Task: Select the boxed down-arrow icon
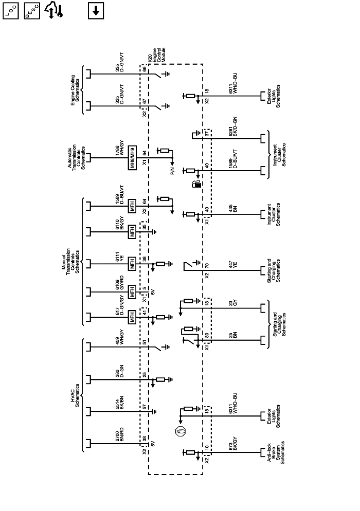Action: pyautogui.click(x=96, y=10)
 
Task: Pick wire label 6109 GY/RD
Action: pyautogui.click(x=120, y=293)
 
